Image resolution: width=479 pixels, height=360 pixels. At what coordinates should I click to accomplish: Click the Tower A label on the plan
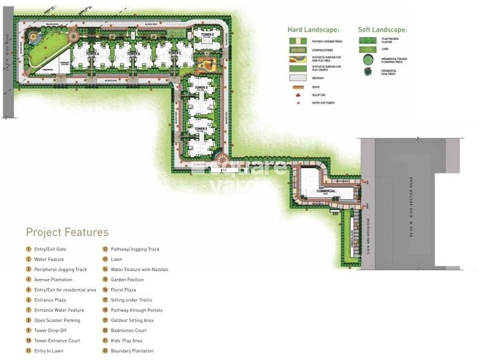click(x=94, y=53)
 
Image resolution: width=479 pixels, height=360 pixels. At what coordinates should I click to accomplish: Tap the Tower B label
click(x=133, y=53)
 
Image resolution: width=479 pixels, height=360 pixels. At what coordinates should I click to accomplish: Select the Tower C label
click(x=176, y=53)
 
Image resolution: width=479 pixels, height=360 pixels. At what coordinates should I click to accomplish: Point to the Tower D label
click(x=202, y=87)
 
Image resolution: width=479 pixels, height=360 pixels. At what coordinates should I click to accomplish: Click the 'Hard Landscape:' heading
click(x=313, y=30)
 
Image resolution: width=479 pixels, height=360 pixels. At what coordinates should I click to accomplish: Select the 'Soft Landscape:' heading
click(x=382, y=30)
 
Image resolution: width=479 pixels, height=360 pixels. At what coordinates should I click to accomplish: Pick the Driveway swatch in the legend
click(x=298, y=78)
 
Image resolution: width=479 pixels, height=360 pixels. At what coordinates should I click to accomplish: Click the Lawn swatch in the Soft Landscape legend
click(x=367, y=48)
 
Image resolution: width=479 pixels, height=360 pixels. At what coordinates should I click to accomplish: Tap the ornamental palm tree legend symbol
click(x=367, y=72)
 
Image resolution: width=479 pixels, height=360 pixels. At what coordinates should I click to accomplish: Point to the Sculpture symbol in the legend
click(x=298, y=94)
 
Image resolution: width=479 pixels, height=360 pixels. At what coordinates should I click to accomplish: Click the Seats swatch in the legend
click(x=298, y=87)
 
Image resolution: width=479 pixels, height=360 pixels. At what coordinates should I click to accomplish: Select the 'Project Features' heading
click(x=67, y=232)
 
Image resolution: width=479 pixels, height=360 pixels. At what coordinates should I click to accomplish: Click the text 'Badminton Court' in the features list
click(x=129, y=330)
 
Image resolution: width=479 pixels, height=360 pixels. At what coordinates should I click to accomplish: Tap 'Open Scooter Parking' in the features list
click(x=57, y=320)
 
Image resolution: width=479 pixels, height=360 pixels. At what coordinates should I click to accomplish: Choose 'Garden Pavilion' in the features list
click(x=127, y=280)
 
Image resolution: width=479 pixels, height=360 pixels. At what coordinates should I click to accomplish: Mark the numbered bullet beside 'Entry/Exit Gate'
click(x=29, y=249)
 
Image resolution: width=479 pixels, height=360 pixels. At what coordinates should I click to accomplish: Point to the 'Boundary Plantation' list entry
click(x=132, y=350)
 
